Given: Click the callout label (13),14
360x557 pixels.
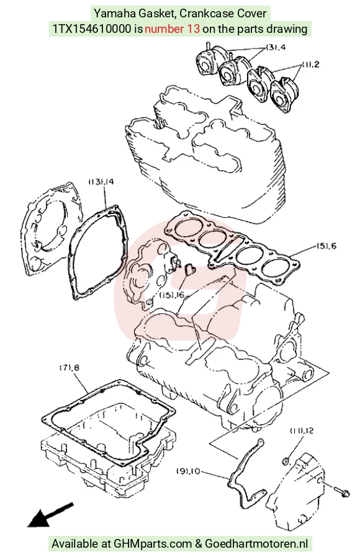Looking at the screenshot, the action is tap(101, 182).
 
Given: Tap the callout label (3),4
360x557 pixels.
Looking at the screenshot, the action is tap(276, 47).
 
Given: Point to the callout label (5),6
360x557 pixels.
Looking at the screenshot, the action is tap(326, 246).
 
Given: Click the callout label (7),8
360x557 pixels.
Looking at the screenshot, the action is tap(69, 368).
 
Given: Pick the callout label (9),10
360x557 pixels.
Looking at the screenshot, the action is tap(188, 471).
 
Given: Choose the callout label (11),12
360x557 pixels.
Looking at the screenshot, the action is tap(302, 431).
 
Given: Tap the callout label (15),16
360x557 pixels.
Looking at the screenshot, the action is tap(172, 295).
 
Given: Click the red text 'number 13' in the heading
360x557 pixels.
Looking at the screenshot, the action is tap(173, 29).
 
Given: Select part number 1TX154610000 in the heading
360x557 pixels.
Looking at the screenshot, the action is tap(92, 29).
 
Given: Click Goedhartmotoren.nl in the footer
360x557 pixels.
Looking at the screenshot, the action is tap(256, 544).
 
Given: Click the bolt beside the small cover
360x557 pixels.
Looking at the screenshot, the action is tap(341, 492).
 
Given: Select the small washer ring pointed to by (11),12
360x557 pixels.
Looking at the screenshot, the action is tap(286, 461).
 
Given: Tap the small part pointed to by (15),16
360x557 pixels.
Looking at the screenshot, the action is tap(190, 269).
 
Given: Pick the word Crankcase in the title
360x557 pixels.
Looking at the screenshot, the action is tap(205, 14).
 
